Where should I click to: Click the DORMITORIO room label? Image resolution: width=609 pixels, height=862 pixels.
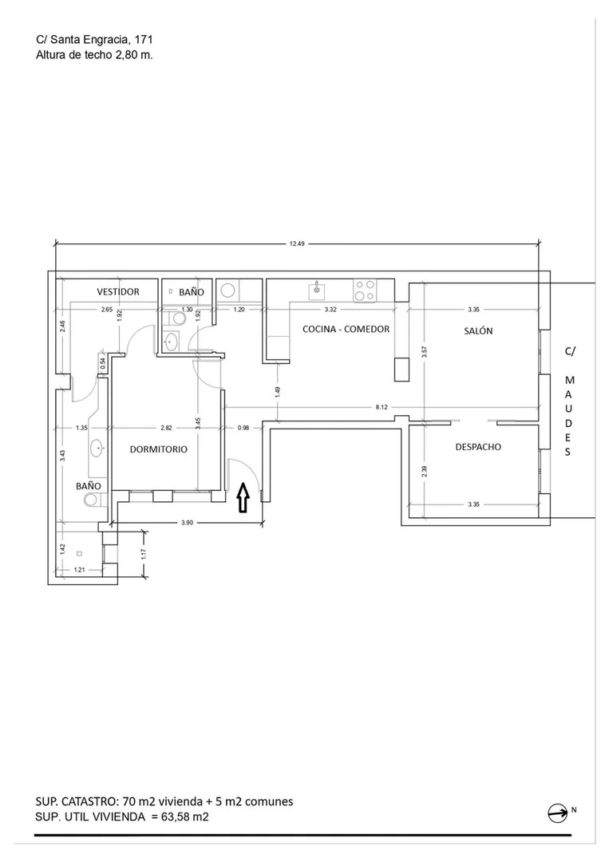(x=158, y=449)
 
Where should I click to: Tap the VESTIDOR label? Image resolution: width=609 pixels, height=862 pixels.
(x=118, y=291)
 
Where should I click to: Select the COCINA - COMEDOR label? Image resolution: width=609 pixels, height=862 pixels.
(x=346, y=329)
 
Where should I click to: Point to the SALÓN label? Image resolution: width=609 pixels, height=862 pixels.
(x=478, y=331)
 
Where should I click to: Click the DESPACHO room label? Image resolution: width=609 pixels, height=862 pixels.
(x=478, y=447)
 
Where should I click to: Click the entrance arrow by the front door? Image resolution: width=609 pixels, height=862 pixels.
(x=243, y=497)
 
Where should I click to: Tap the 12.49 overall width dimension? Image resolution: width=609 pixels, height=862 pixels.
(x=297, y=243)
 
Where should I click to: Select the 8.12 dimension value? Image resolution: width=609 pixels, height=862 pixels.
(x=382, y=407)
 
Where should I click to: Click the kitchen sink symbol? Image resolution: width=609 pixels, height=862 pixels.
(x=317, y=290)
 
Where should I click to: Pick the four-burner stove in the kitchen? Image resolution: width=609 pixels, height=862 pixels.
(x=366, y=291)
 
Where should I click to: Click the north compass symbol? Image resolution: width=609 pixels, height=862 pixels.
(x=558, y=813)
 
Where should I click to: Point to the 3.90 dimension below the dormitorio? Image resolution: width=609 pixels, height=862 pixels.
(x=188, y=523)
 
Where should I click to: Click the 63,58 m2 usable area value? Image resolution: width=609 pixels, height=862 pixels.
(x=184, y=817)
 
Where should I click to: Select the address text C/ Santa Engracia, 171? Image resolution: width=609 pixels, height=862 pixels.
(x=94, y=40)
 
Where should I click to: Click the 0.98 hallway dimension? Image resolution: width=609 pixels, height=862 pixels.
(x=243, y=428)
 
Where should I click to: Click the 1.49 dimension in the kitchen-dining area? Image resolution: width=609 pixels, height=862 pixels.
(x=278, y=392)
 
